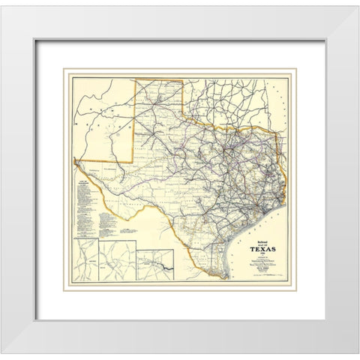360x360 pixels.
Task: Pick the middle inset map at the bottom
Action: coord(120,258)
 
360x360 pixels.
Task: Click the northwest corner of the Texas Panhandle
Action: coord(135,79)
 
